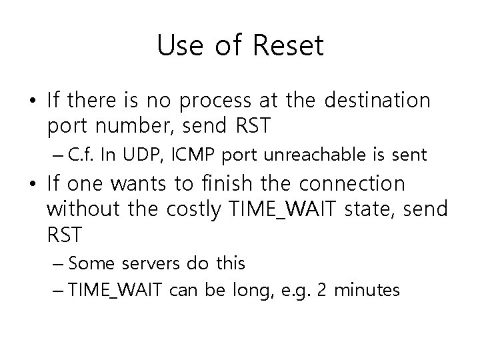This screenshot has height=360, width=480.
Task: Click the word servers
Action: (153, 263)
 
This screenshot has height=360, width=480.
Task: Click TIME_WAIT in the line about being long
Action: (110, 290)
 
